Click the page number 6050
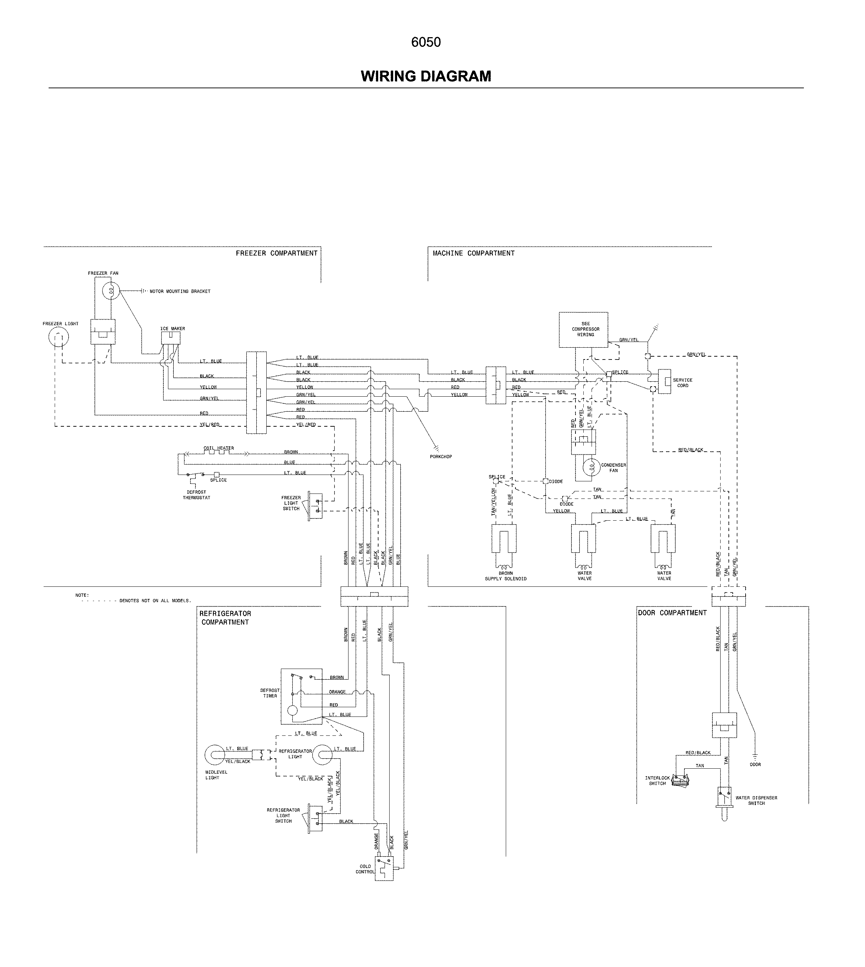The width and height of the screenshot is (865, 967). tap(426, 42)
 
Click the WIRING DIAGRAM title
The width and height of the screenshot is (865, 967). tap(426, 76)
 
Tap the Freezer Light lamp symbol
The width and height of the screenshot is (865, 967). tap(59, 337)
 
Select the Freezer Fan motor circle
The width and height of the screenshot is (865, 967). tap(111, 290)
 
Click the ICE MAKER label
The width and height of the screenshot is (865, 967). tap(173, 328)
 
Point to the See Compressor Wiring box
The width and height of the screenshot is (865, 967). tap(583, 330)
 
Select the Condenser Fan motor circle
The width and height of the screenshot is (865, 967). tap(591, 467)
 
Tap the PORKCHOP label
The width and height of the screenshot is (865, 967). tap(441, 457)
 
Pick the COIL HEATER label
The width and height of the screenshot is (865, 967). tap(219, 448)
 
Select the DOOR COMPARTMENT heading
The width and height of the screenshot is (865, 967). tap(672, 613)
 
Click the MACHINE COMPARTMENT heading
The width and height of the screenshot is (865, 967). tap(473, 253)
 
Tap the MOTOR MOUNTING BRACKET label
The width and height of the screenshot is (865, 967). tap(180, 291)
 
